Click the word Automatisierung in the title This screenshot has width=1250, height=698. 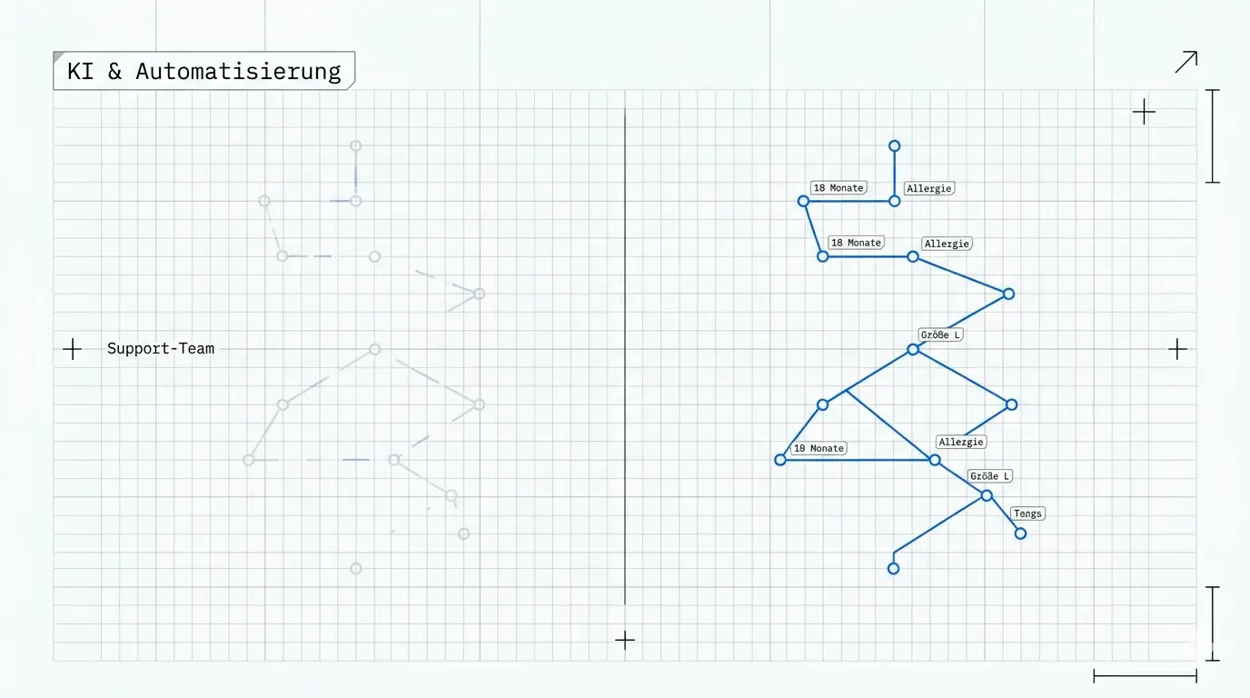coord(238,72)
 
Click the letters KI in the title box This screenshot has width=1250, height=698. coord(80,72)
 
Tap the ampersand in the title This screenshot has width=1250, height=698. coord(114,72)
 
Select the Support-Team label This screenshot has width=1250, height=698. coord(161,348)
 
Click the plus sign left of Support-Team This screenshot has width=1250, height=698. coord(72,349)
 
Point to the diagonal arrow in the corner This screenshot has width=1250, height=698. coord(1186,62)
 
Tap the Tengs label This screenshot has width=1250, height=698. coord(1027,514)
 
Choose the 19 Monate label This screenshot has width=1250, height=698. coord(818,448)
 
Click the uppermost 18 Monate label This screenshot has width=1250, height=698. coord(838,188)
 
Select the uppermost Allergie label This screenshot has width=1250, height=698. coord(929,189)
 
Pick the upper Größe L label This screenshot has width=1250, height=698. coord(940,335)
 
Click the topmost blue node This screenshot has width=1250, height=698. coord(895,145)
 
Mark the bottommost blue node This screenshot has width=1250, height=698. coord(893,569)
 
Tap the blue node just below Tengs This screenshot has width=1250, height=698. coord(1021,533)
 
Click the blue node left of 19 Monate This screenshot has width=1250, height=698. coord(780,460)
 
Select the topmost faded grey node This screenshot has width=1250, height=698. coord(355,145)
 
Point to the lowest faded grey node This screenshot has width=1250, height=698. coord(355,568)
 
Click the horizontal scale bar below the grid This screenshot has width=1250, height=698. coord(1146,676)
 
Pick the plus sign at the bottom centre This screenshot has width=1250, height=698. coord(625,640)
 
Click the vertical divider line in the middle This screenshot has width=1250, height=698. coord(625,356)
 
